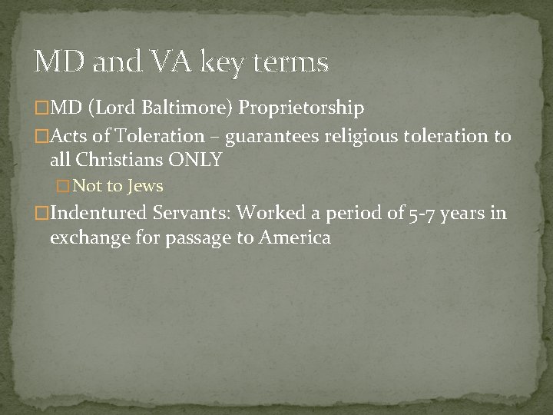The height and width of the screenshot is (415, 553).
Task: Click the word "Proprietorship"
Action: click(x=301, y=107)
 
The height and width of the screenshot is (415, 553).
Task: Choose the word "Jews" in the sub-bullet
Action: click(x=146, y=186)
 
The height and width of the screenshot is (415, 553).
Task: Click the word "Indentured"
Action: click(x=98, y=213)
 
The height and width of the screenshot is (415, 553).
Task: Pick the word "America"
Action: click(x=295, y=237)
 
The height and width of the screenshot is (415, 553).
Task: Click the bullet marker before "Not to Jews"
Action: click(x=64, y=186)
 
